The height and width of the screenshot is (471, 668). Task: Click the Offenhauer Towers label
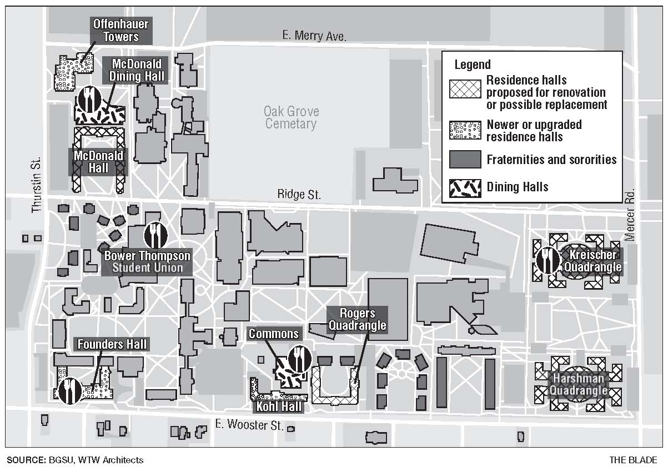click(x=115, y=31)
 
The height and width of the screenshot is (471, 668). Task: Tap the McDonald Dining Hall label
click(x=137, y=70)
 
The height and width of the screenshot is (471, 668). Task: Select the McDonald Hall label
click(x=99, y=161)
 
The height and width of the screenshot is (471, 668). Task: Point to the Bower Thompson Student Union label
click(x=147, y=262)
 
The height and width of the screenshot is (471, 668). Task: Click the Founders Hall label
click(x=112, y=344)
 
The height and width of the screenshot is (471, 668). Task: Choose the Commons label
click(x=274, y=334)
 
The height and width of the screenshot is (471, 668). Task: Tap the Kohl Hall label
click(x=279, y=406)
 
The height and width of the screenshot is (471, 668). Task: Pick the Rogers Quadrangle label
click(x=358, y=319)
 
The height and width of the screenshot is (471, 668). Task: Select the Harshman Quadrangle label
click(x=578, y=384)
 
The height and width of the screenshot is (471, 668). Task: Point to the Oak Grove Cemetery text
click(x=291, y=117)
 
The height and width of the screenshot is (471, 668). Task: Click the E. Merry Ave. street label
click(x=314, y=37)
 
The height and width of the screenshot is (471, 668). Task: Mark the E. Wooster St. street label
click(x=249, y=426)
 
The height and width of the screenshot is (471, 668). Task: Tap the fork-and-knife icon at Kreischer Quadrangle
click(x=548, y=260)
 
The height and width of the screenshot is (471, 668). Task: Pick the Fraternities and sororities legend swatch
click(x=465, y=160)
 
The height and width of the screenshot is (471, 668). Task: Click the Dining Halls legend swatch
click(x=465, y=187)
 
